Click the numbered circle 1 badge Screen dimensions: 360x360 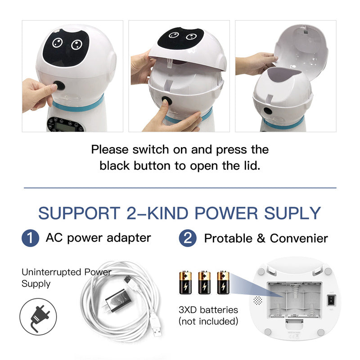[30, 238]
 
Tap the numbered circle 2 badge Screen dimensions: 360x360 [188, 238]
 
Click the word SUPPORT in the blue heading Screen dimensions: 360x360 [79, 213]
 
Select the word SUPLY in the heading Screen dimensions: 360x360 [292, 213]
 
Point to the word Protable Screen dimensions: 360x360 [228, 238]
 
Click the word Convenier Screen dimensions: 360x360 [299, 238]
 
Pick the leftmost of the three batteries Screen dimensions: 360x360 [185, 283]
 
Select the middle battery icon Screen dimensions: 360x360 [204, 283]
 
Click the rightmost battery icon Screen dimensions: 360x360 [223, 283]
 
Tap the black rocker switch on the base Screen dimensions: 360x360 [331, 300]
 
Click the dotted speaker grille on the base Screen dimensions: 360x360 [257, 300]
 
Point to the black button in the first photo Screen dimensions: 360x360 [59, 86]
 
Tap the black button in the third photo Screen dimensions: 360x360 [267, 111]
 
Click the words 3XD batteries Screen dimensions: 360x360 [208, 310]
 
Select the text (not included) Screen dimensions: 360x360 [208, 321]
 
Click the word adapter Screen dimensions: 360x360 [129, 238]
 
